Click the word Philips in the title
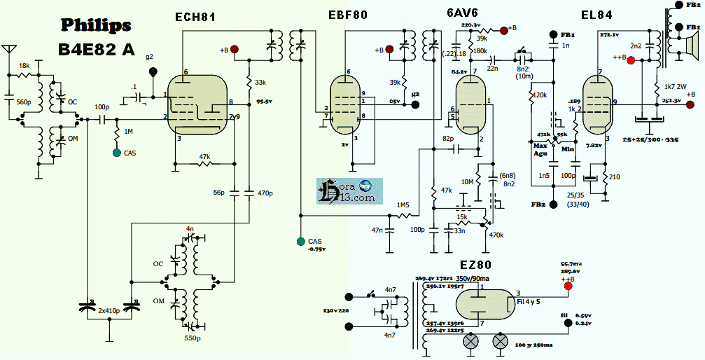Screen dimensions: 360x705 96,25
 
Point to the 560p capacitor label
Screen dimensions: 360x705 23,102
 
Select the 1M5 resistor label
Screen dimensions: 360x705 403,205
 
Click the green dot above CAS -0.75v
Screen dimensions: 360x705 300,242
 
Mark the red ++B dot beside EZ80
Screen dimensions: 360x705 568,285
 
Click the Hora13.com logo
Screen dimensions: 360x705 349,191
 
